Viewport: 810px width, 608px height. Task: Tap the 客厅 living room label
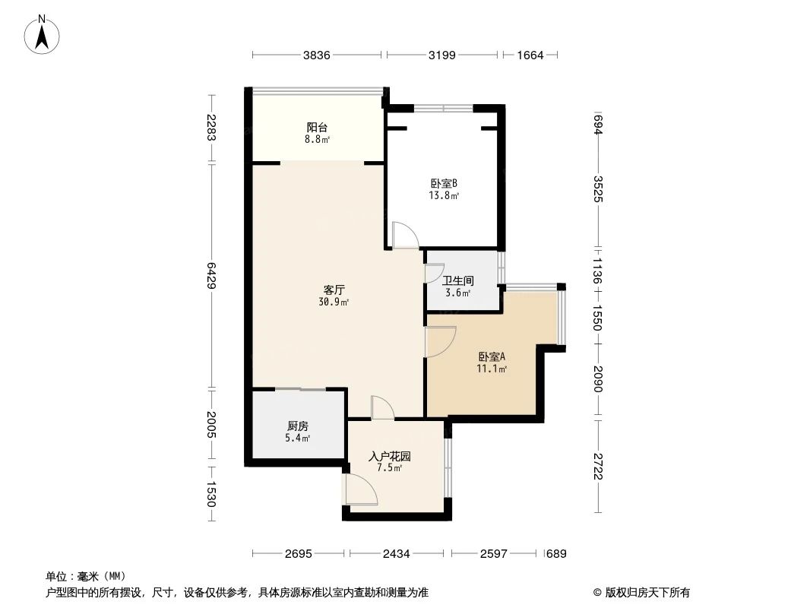(335, 290)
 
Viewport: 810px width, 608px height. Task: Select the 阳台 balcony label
(318, 128)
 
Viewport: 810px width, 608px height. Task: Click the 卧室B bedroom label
(443, 183)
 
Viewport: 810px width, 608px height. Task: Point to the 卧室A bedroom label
(492, 356)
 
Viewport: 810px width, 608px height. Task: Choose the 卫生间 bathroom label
(457, 280)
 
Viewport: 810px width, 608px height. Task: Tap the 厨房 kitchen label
(297, 426)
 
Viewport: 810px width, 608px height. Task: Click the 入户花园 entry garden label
(389, 457)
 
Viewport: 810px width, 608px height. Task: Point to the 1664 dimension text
(530, 55)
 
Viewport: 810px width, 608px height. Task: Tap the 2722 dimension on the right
(599, 464)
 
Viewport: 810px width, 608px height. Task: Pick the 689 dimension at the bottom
(556, 554)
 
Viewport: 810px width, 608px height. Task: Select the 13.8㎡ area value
(443, 195)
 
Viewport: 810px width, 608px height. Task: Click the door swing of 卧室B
(405, 236)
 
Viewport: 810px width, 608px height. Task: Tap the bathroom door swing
(435, 272)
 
